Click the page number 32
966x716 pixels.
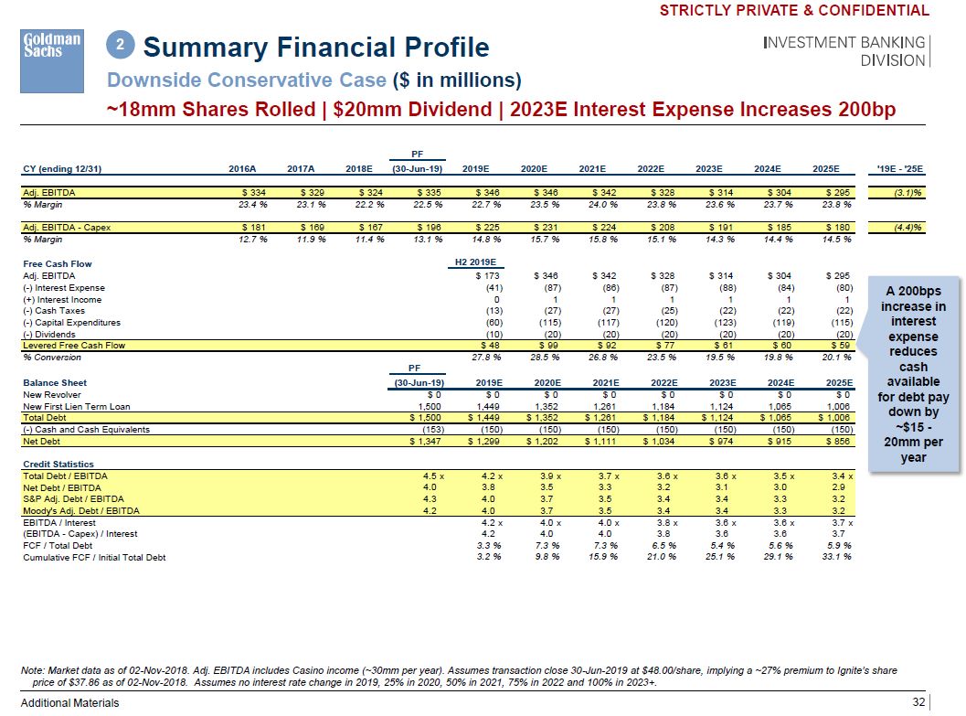[918, 702]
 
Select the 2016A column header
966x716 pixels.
[241, 168]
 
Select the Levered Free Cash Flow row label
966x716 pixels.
[73, 346]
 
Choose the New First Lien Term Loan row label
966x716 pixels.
[76, 406]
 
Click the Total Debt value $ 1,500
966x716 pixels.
[423, 418]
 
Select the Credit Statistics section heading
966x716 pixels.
[58, 465]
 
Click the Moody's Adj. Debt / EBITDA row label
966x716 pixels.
[80, 510]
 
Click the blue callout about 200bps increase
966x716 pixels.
[913, 374]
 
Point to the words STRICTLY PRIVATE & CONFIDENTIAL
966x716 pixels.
[793, 11]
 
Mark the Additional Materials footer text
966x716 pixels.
[70, 702]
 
